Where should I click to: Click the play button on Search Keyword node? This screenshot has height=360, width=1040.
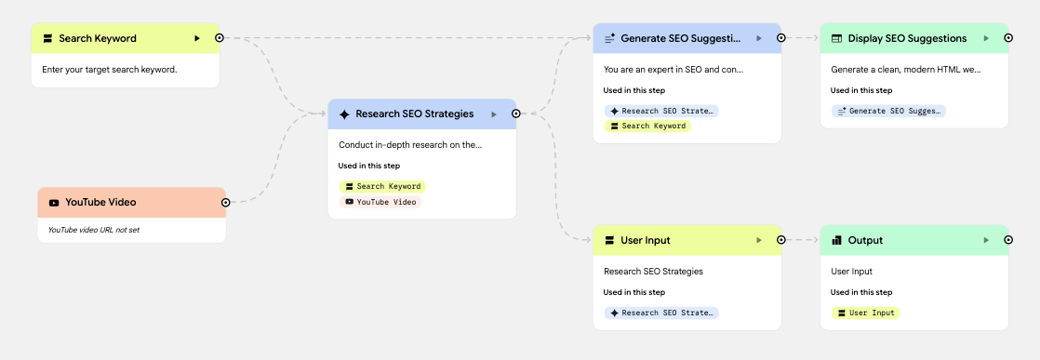tap(197, 38)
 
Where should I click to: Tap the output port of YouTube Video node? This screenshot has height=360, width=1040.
tap(225, 202)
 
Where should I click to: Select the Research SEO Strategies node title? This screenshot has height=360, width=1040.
tap(415, 114)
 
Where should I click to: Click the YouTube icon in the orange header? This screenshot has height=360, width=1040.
tap(54, 202)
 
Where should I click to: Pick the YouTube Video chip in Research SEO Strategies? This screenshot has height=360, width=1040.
tap(380, 202)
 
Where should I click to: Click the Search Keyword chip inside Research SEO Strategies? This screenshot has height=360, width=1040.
tap(382, 186)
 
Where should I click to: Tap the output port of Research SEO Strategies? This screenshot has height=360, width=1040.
tap(516, 114)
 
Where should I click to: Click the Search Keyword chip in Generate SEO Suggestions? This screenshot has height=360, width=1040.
tap(647, 126)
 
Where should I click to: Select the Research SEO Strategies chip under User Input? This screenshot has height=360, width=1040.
tap(661, 313)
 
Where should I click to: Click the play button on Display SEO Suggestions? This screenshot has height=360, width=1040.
tap(986, 38)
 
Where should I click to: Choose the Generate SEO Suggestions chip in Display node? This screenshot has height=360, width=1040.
tap(888, 111)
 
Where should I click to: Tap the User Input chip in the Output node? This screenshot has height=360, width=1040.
tap(865, 313)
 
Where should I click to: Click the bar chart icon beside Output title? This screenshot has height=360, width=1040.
tap(837, 240)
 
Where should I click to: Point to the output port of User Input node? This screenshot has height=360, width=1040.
tap(781, 240)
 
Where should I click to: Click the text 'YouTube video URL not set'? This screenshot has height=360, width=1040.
tap(94, 230)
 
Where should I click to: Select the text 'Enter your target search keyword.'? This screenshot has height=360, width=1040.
tap(110, 69)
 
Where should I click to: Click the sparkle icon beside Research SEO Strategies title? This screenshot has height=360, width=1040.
tap(344, 114)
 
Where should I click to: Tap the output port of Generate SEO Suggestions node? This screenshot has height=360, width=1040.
tap(781, 38)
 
